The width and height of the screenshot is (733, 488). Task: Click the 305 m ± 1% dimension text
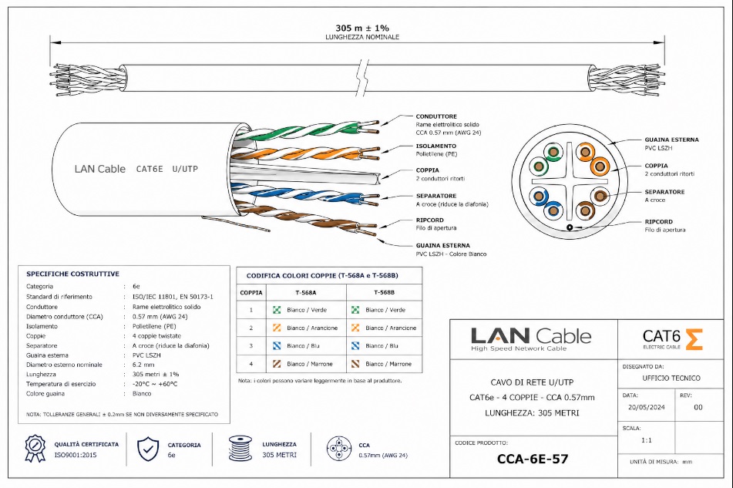click(361, 28)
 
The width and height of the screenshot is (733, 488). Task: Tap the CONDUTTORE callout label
click(436, 116)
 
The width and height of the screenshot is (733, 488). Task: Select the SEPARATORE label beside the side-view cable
click(436, 196)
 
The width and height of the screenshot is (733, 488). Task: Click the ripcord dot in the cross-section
click(570, 227)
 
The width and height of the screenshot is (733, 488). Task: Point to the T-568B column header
click(385, 293)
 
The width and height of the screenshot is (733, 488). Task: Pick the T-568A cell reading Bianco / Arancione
click(312, 328)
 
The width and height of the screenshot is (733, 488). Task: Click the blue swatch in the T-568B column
click(355, 346)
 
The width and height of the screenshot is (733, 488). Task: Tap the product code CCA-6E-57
click(533, 459)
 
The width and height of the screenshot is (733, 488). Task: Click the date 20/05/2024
click(646, 407)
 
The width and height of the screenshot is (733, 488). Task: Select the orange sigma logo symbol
click(694, 339)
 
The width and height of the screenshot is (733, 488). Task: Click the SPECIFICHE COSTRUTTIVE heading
click(73, 274)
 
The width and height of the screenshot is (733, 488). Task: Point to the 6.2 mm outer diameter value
click(143, 365)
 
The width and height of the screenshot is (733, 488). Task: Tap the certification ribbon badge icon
click(35, 449)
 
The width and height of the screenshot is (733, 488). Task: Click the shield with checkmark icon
click(148, 449)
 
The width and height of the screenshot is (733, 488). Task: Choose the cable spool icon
click(240, 448)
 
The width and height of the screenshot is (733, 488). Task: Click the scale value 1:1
click(646, 440)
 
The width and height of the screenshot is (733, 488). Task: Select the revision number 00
click(698, 408)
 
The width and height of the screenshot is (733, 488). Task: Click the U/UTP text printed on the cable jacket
click(185, 169)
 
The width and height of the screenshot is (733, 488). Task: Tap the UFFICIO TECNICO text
click(671, 379)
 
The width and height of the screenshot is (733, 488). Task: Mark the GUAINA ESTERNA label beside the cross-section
click(672, 140)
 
